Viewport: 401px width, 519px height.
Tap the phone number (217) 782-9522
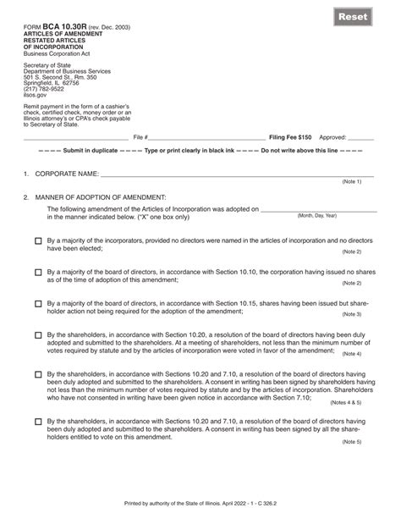coord(46,113)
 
